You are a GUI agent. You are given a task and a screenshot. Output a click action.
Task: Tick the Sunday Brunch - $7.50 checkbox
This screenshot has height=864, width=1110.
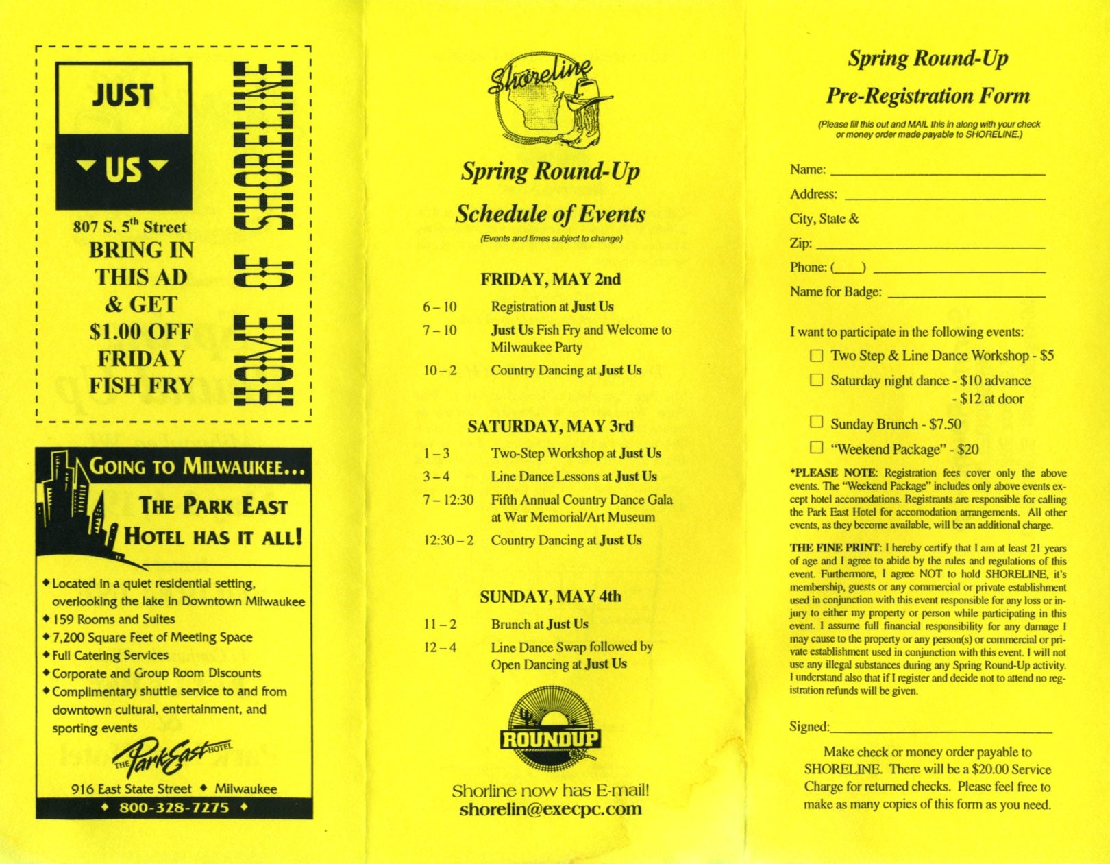[x=816, y=422]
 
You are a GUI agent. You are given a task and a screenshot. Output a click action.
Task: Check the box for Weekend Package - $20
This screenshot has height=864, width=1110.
[x=816, y=447]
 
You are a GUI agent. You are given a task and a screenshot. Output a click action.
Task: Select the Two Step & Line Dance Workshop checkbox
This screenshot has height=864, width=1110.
[x=816, y=355]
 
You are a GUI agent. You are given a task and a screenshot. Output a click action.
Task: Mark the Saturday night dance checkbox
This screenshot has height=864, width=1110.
[x=816, y=380]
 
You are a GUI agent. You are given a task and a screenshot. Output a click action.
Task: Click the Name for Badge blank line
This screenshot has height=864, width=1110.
[x=966, y=295]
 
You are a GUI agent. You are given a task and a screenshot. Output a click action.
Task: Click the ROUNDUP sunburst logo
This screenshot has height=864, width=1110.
[x=550, y=730]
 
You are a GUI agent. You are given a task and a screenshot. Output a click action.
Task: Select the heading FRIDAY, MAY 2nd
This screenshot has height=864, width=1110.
[x=550, y=279]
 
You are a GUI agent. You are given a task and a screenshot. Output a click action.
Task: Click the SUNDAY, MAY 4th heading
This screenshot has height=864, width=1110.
[x=550, y=597]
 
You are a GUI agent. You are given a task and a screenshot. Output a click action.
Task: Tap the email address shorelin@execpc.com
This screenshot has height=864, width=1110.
[x=550, y=809]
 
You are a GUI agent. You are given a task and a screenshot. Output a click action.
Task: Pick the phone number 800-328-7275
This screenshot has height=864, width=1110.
[x=174, y=808]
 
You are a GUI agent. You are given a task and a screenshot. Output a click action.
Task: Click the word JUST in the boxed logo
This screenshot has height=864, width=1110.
[x=123, y=95]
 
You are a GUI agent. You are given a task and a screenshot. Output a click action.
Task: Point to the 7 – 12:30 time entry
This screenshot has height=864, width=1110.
[x=448, y=500]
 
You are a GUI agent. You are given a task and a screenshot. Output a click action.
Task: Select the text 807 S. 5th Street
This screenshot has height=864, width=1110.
[x=129, y=226]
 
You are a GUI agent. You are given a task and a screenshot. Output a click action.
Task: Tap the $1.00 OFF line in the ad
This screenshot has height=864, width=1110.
[x=141, y=332]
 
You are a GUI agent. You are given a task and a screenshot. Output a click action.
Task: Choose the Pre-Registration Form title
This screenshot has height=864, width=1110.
[x=928, y=95]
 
